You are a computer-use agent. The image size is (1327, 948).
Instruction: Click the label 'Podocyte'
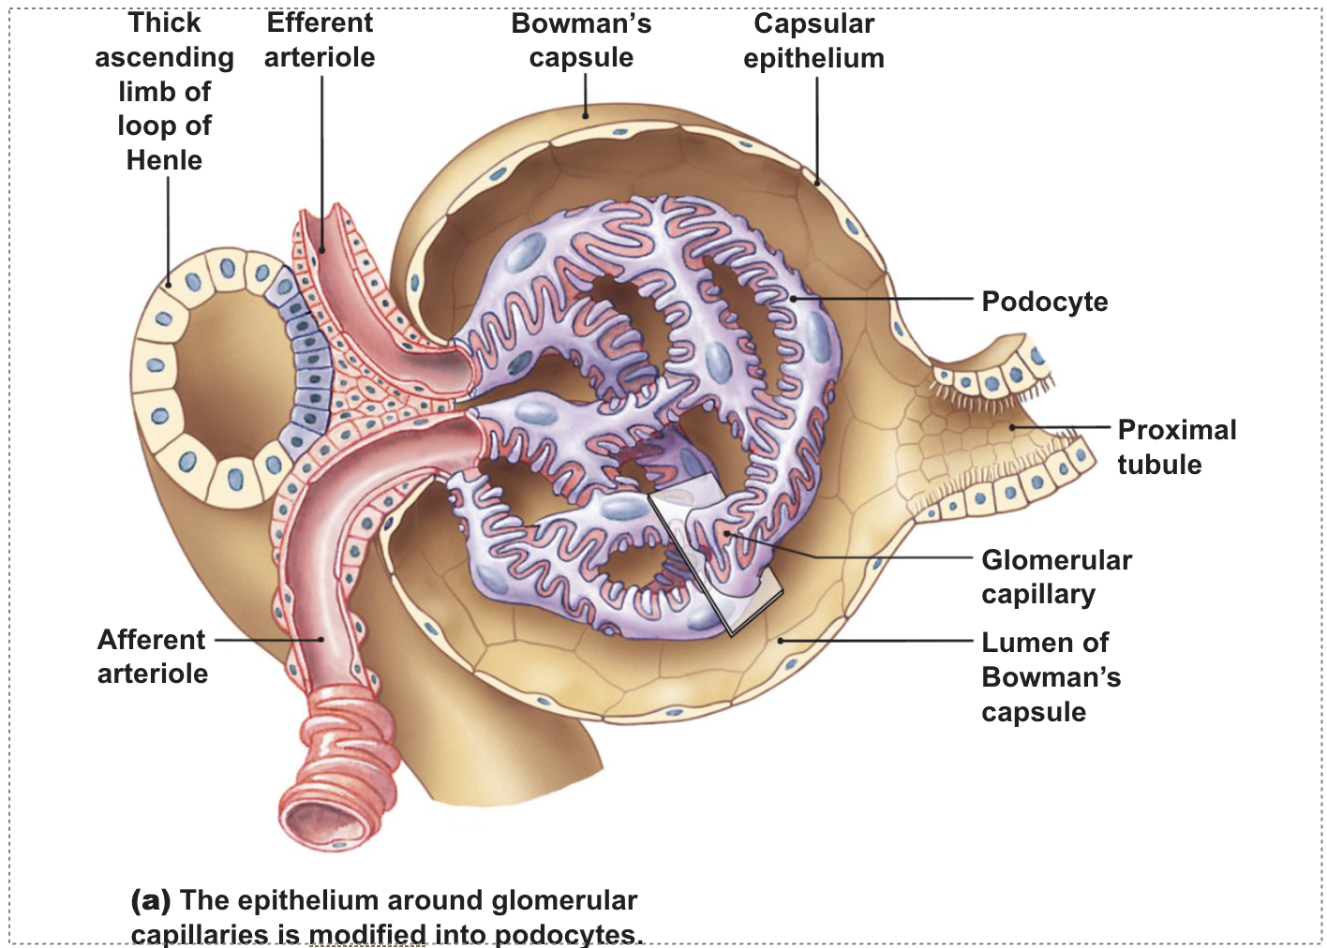(x=1044, y=302)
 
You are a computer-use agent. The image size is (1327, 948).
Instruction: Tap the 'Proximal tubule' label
(x=1176, y=447)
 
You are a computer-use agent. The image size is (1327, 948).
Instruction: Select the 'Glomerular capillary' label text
(x=1056, y=576)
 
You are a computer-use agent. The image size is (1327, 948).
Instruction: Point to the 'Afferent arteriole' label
(x=152, y=656)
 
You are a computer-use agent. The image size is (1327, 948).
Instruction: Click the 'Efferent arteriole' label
(x=320, y=40)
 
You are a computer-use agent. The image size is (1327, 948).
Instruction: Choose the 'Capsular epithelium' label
(x=813, y=40)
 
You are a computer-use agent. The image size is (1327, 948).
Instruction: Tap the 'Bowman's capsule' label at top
(x=581, y=40)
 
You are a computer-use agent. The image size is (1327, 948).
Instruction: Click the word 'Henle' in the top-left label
(x=164, y=160)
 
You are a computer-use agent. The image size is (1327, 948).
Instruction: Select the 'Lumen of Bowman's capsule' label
(x=1050, y=676)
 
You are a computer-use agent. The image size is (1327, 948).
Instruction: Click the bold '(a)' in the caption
(x=151, y=900)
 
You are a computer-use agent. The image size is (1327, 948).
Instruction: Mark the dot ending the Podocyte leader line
(x=793, y=299)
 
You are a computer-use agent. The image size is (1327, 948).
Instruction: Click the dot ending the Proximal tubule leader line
(x=1012, y=427)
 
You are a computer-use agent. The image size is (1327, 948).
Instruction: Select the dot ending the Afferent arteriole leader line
(x=321, y=640)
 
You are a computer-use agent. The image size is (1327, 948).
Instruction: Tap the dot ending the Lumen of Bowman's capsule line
(x=781, y=641)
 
